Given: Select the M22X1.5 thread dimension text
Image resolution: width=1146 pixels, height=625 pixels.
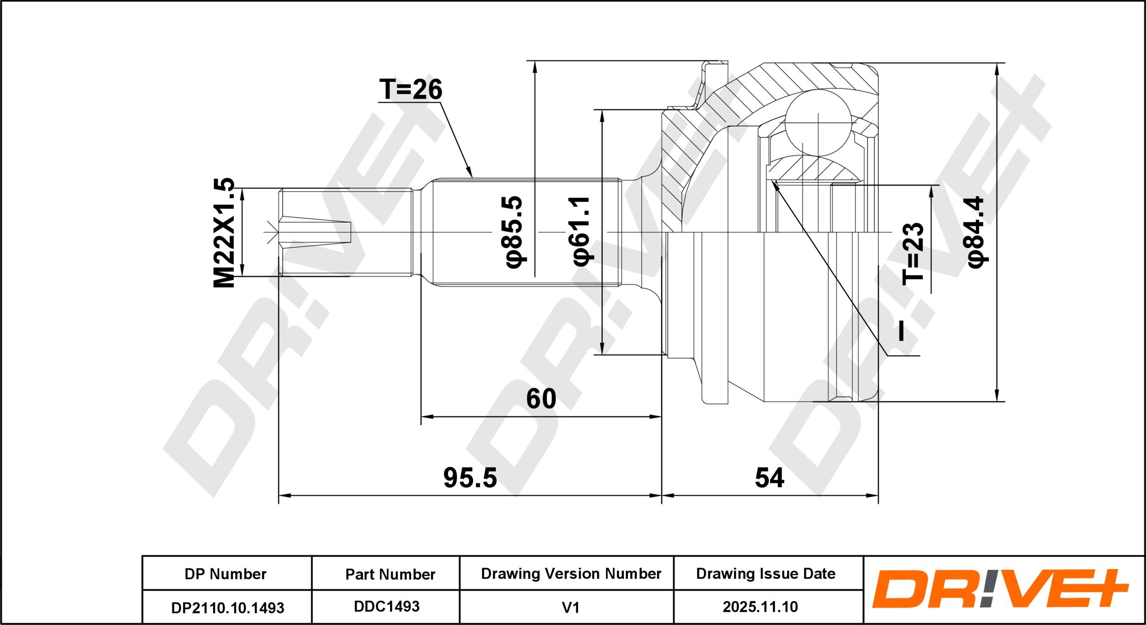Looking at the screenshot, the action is click(x=224, y=232).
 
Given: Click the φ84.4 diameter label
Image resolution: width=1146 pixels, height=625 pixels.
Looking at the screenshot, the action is click(x=976, y=232).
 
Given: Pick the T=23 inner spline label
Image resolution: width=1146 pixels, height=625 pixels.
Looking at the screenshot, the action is click(x=913, y=253).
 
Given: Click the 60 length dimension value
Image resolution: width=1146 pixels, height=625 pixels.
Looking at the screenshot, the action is click(x=541, y=398).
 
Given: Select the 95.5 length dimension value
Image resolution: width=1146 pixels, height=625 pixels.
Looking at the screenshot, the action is click(x=470, y=478).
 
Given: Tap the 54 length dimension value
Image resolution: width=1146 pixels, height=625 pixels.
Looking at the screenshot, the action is click(x=770, y=478).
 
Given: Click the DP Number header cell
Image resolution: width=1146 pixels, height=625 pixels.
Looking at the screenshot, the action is click(x=225, y=574).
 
